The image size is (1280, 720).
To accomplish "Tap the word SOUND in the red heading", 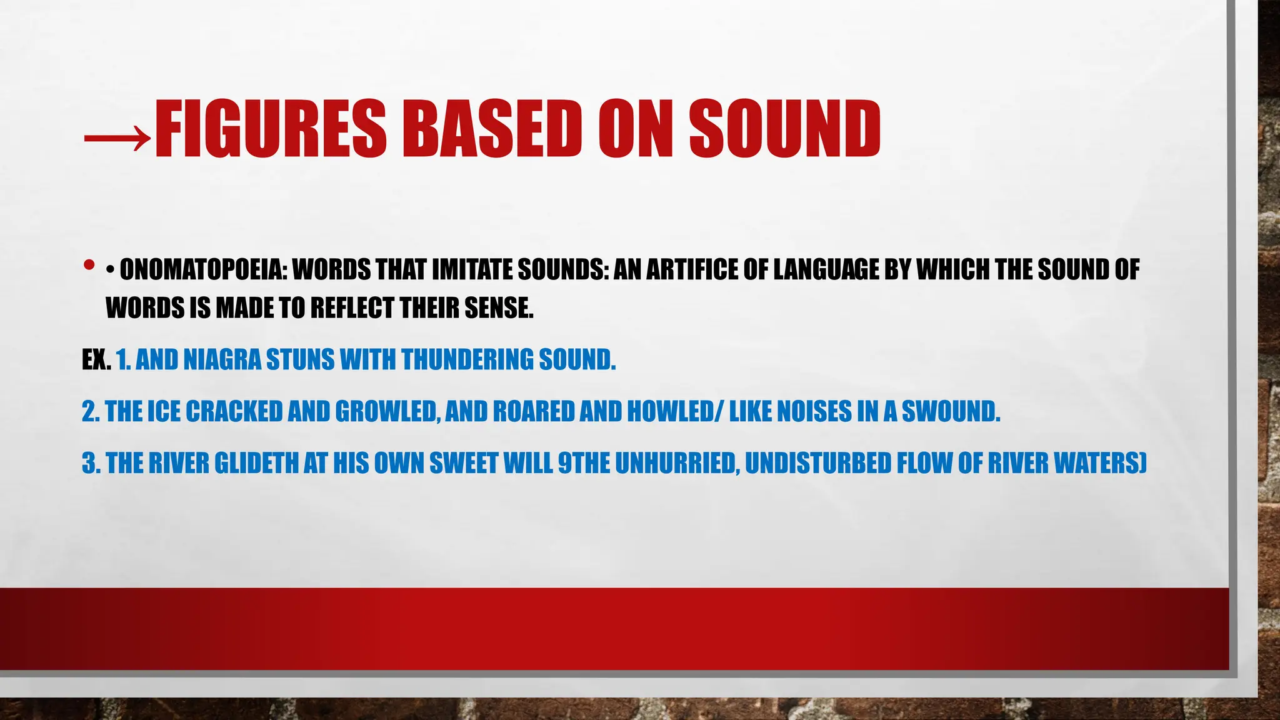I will pyautogui.click(x=785, y=129).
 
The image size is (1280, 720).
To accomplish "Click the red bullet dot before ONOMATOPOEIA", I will pyautogui.click(x=89, y=265).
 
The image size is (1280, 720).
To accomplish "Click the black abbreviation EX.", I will pyautogui.click(x=96, y=360).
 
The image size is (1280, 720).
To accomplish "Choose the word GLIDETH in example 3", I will pyautogui.click(x=256, y=464).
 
